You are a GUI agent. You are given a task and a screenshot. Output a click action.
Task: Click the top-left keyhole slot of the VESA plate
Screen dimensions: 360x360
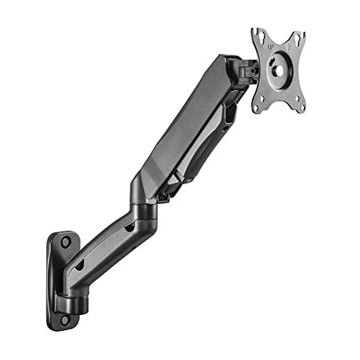click(x=258, y=35)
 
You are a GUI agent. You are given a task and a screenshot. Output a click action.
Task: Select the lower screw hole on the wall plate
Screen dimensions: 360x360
click(x=65, y=320)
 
